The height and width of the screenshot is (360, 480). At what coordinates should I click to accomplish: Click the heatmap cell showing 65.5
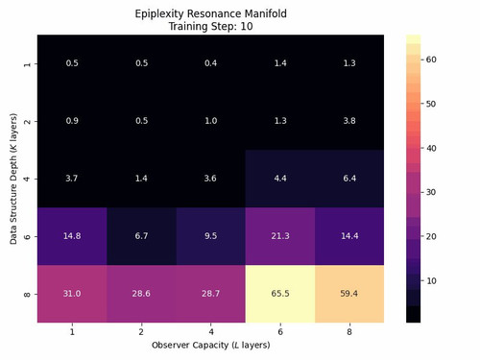[x=280, y=294]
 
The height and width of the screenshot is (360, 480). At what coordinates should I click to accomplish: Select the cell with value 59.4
[x=349, y=294]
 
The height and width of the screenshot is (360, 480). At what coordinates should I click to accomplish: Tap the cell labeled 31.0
[x=72, y=294]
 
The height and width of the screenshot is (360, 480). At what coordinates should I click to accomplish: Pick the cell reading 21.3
[x=280, y=236]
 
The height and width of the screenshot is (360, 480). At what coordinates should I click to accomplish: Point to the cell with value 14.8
[x=72, y=236]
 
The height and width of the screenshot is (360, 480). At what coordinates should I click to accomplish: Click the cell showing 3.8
[x=349, y=121]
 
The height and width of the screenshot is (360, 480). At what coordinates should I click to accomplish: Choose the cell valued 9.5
[x=211, y=236]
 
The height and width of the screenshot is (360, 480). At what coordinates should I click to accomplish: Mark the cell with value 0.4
[x=211, y=63]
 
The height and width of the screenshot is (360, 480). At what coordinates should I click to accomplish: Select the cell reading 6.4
[x=349, y=179]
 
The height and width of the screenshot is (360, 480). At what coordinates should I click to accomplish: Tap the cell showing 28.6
[x=141, y=294]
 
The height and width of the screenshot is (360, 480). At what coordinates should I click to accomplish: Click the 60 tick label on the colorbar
[x=431, y=60]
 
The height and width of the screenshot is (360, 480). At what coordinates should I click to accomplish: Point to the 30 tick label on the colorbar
[x=431, y=192]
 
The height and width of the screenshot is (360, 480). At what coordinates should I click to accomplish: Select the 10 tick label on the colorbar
[x=431, y=281]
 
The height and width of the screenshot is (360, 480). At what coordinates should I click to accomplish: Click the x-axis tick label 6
[x=280, y=332]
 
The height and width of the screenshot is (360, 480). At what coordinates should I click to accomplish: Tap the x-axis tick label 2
[x=141, y=332]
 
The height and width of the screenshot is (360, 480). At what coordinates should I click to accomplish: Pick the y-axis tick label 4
[x=27, y=179]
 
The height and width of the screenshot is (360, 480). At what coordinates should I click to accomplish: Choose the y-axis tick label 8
[x=27, y=294]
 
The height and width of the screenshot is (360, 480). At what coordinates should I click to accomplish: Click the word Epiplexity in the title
[x=159, y=14]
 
